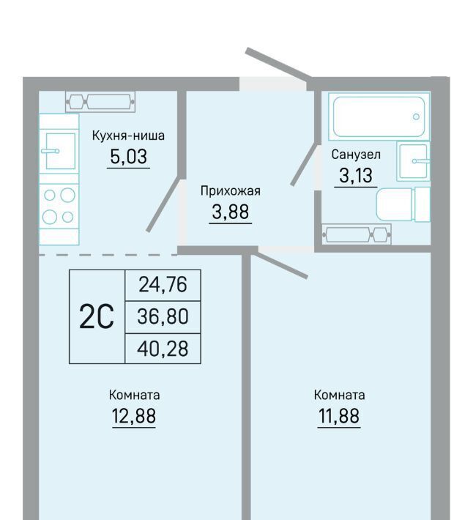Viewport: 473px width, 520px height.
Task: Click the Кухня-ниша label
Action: tap(128, 135)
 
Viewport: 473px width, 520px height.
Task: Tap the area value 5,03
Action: tap(128, 157)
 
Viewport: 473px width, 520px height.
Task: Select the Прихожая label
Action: tap(231, 191)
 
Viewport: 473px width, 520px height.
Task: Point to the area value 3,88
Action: tap(231, 212)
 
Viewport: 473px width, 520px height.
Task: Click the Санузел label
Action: tap(356, 155)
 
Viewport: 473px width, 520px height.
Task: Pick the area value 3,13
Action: tap(356, 176)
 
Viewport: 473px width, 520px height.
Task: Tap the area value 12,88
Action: tap(134, 416)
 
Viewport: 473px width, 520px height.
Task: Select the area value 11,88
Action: tap(339, 416)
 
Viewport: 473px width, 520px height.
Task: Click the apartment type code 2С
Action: tap(97, 316)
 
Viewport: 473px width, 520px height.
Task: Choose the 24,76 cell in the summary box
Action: tap(163, 285)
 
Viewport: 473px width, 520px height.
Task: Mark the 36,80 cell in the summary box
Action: tap(163, 316)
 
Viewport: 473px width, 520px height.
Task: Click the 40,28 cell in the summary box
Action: tap(163, 349)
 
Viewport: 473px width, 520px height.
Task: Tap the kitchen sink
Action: tap(60, 151)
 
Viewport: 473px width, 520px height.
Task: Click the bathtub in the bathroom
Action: tap(379, 116)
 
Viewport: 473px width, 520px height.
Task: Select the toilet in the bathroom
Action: tap(403, 204)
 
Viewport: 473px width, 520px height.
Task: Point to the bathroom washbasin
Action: tap(414, 161)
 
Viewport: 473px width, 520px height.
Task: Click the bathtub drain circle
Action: tap(416, 116)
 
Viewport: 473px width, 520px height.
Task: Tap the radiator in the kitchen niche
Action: tap(100, 102)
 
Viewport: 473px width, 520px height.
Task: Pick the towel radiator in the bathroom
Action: tap(357, 234)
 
